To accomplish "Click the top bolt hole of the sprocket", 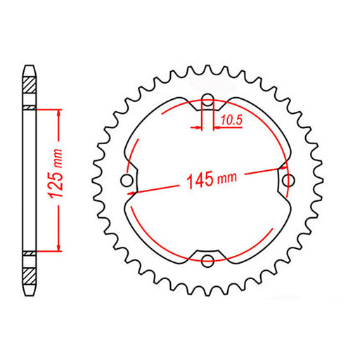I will (x=207, y=100).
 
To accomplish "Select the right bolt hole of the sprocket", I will (x=287, y=181).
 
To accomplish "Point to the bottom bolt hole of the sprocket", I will (x=207, y=262).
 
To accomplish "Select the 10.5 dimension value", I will (x=231, y=122).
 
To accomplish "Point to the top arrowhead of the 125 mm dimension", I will (x=59, y=112).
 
